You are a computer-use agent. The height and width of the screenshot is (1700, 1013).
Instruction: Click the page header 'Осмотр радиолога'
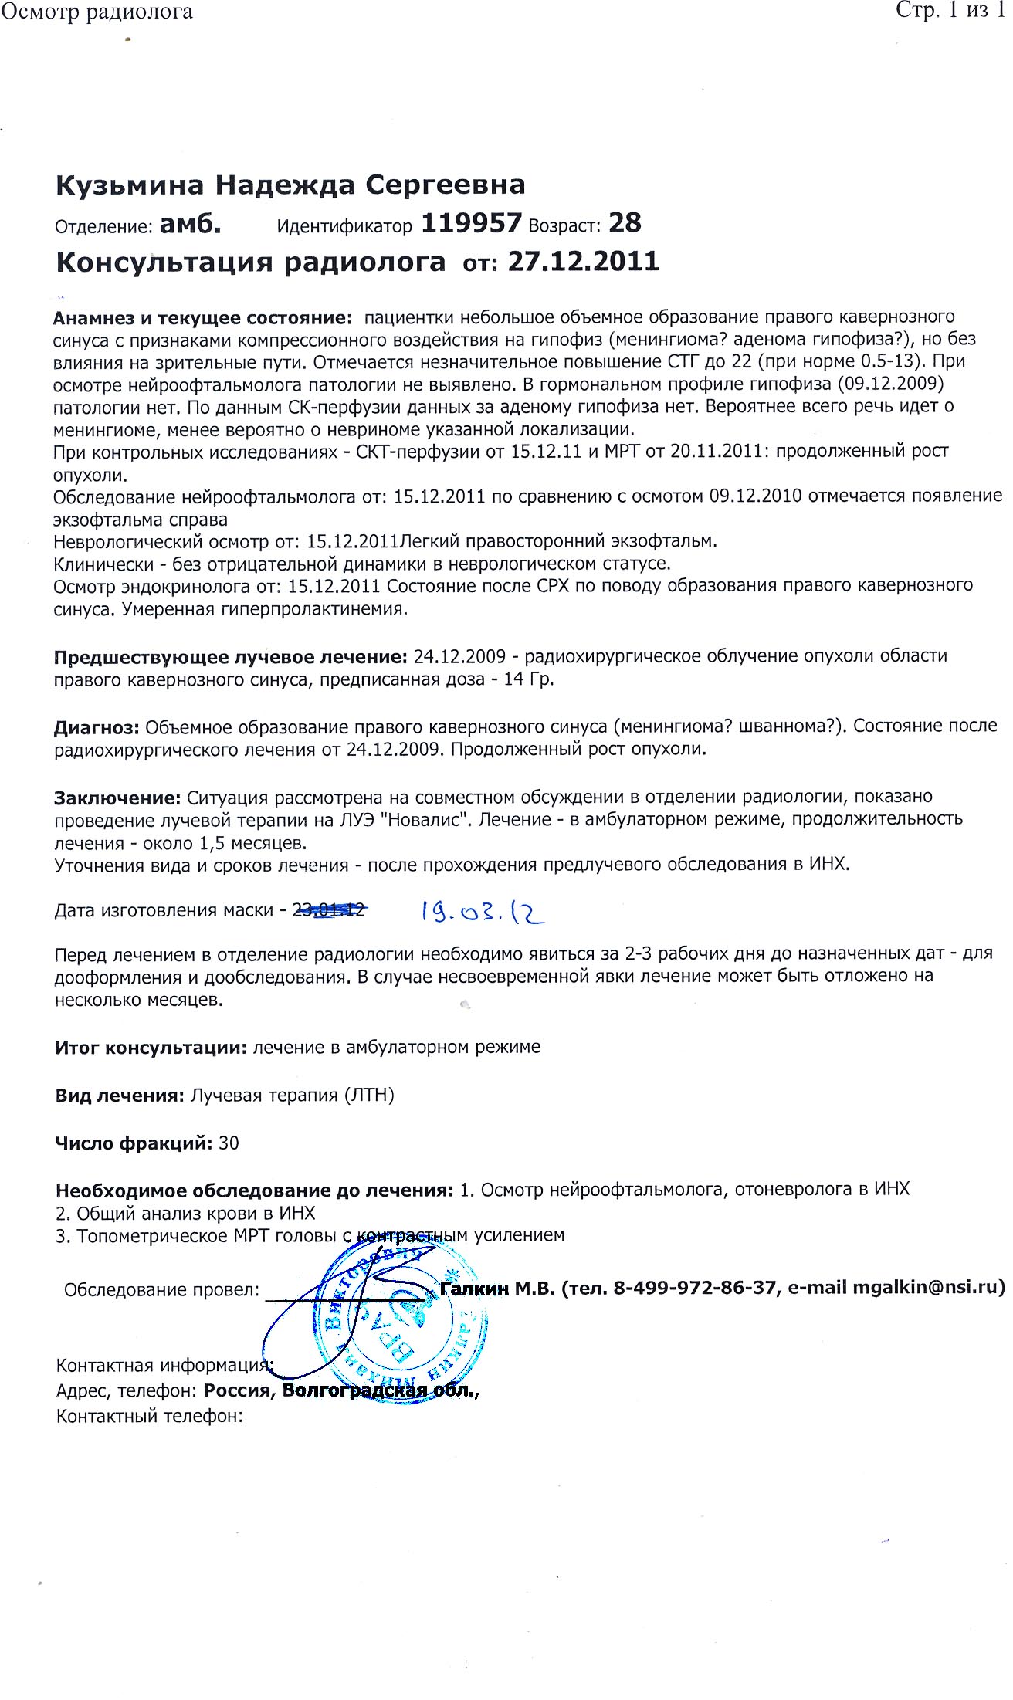coord(97,12)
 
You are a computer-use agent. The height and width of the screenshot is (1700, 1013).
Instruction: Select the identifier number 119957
coord(471,223)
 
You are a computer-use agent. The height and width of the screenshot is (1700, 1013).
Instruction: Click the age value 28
coord(625,223)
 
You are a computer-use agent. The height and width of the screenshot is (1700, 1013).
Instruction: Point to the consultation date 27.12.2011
coord(583,262)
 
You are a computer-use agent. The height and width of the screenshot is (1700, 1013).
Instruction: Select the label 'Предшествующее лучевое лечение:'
coord(230,657)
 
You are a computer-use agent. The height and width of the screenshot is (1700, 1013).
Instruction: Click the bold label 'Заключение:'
coord(117,797)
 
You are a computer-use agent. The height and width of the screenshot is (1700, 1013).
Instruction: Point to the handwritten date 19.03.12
coord(482,913)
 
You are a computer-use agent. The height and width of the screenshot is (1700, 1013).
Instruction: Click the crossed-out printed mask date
coord(328,911)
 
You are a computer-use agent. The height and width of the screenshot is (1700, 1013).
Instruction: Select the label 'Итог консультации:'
coord(151,1048)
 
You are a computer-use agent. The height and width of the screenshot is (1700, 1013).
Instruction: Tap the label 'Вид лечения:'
coord(120,1096)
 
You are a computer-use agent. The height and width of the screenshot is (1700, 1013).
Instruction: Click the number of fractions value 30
coord(229,1143)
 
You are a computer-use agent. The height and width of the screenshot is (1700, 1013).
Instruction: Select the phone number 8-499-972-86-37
coord(694,1288)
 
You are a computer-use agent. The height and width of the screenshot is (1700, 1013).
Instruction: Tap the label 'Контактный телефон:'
coord(150,1416)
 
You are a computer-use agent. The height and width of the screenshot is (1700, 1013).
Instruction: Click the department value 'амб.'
coord(190,225)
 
